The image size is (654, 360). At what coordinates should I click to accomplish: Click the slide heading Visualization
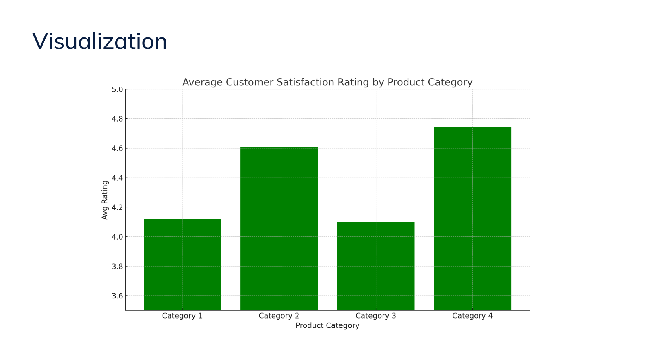click(x=99, y=41)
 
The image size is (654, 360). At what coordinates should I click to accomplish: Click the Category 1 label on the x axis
click(x=182, y=316)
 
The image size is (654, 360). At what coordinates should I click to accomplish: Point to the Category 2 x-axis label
click(x=279, y=316)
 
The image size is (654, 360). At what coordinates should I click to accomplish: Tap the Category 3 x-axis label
click(x=376, y=316)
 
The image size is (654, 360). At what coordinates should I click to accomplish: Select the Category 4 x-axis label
click(x=472, y=316)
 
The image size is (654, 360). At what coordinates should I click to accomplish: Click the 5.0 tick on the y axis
click(x=117, y=89)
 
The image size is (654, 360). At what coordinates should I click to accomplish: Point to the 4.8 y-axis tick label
click(x=117, y=119)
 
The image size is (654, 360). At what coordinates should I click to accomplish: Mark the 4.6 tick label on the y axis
click(x=117, y=148)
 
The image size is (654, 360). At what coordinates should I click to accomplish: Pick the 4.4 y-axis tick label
click(x=117, y=178)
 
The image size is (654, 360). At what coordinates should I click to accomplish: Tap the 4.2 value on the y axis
click(x=117, y=207)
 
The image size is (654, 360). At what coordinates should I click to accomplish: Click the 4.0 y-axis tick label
click(x=117, y=237)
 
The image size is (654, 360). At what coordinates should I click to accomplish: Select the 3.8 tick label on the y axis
click(x=117, y=266)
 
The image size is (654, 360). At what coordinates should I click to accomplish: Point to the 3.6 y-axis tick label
click(x=117, y=296)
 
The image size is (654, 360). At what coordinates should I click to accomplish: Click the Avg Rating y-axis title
click(x=105, y=200)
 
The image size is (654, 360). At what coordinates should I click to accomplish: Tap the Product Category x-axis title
click(x=327, y=325)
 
